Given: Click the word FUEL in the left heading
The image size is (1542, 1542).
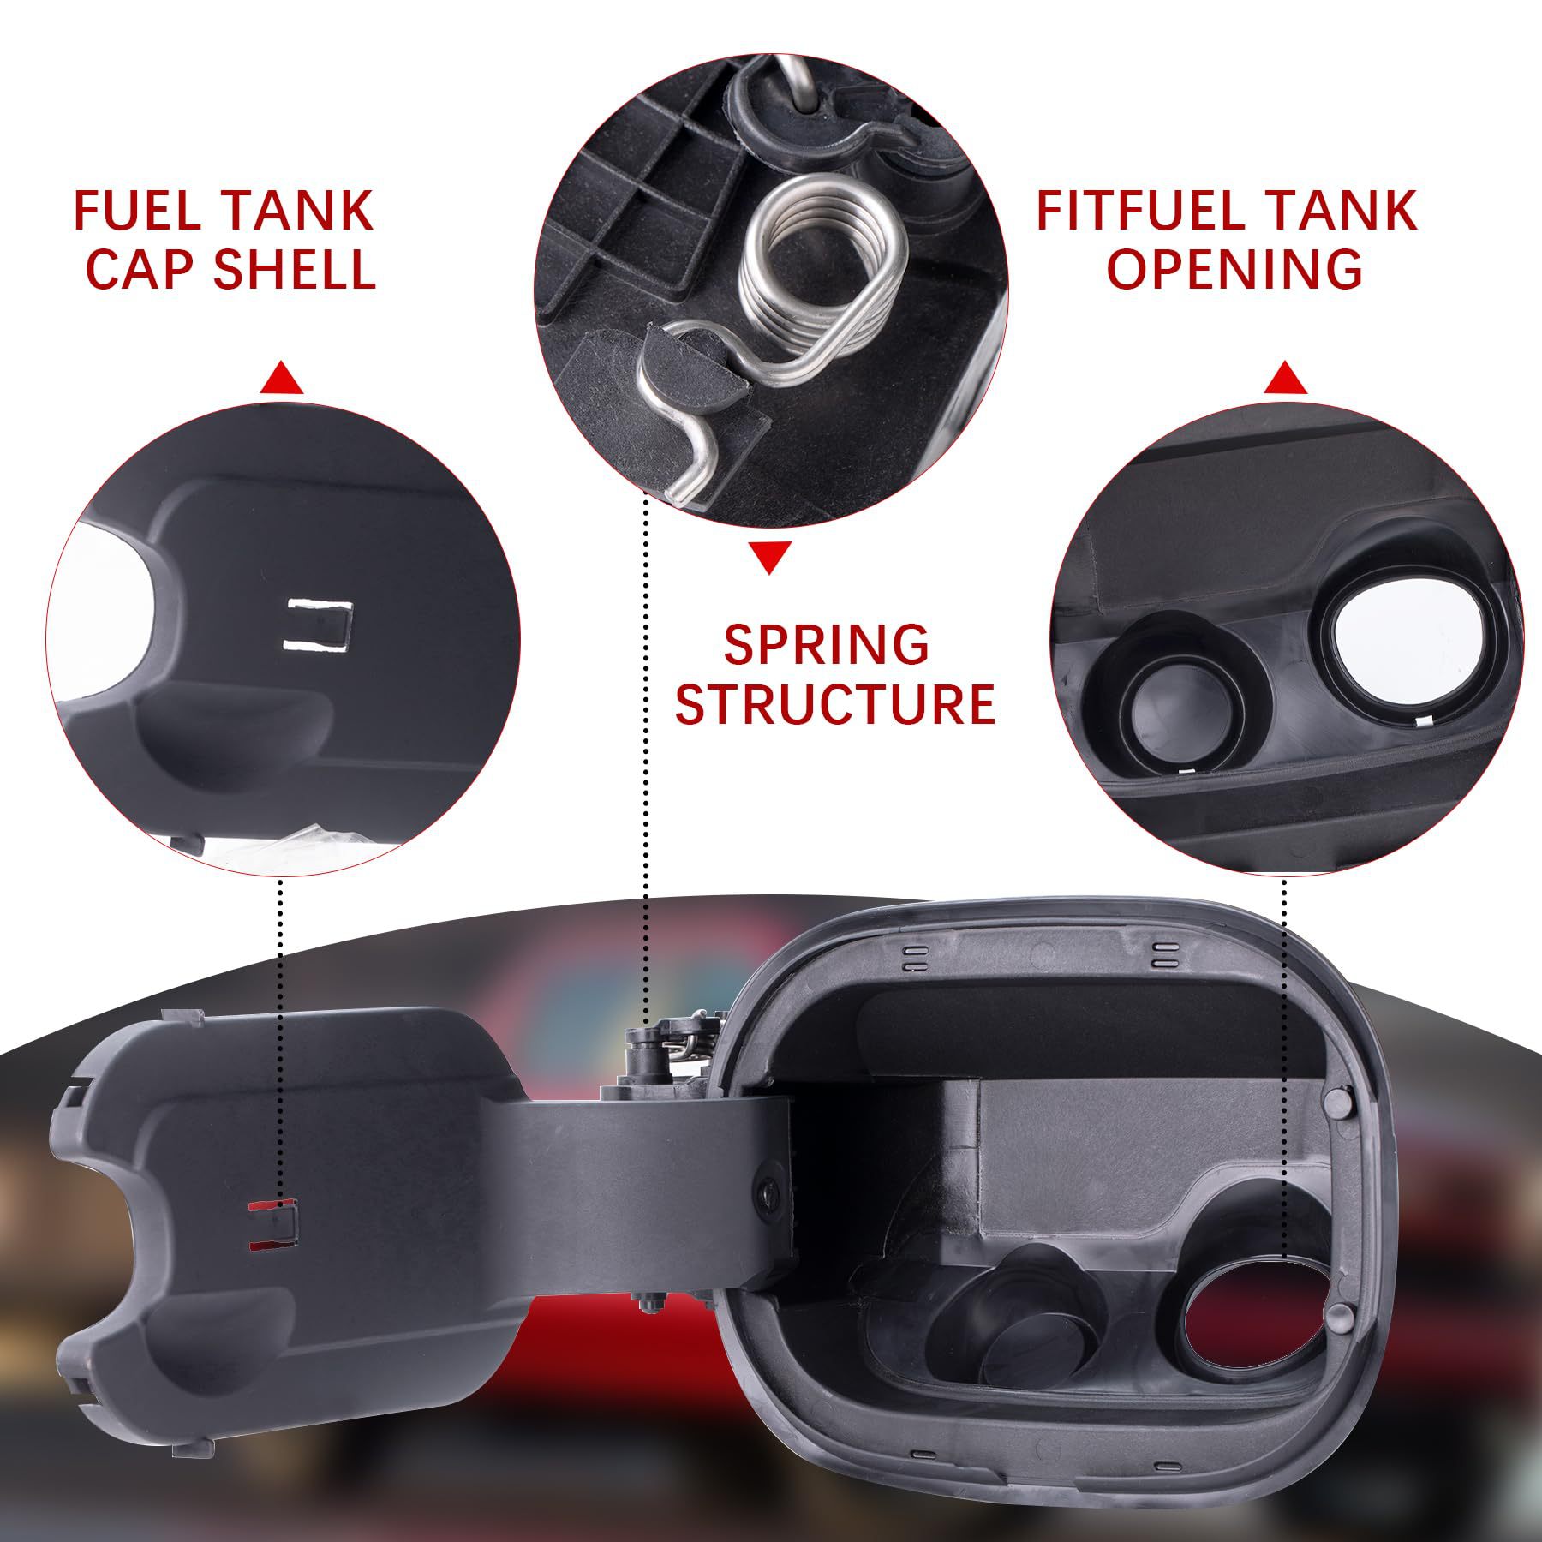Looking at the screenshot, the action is pyautogui.click(x=137, y=211).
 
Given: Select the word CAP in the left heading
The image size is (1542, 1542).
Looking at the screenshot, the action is pyautogui.click(x=141, y=269).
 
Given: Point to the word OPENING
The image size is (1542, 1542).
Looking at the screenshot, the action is pyautogui.click(x=1234, y=269).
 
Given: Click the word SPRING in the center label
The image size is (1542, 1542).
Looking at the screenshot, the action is pyautogui.click(x=827, y=644).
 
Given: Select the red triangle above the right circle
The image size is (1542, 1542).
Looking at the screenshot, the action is pyautogui.click(x=1285, y=378).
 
